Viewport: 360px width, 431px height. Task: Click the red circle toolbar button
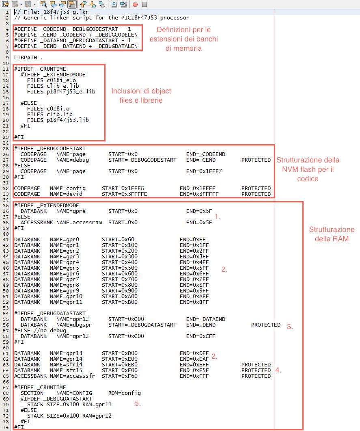click(135, 4)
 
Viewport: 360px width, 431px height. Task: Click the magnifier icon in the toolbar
click(43, 4)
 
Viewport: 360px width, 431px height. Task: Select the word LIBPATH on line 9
click(26, 57)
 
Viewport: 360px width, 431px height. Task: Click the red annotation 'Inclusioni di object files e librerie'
click(141, 95)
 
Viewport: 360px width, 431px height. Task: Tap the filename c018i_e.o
click(61, 80)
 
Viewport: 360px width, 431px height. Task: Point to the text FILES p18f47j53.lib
click(58, 120)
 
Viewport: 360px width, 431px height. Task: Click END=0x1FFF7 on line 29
click(204, 171)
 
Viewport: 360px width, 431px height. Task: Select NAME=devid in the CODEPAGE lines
click(66, 194)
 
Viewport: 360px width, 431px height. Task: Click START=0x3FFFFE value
click(124, 194)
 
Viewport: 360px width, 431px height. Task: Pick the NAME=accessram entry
click(79, 222)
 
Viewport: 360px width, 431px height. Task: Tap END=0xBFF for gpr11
click(194, 302)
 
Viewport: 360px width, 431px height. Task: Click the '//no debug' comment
click(50, 330)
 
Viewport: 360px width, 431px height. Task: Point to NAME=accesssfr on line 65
click(73, 376)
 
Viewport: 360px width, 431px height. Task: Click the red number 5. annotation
click(138, 403)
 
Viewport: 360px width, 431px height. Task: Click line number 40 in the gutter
click(6, 234)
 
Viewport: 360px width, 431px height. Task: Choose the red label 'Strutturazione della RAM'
click(332, 234)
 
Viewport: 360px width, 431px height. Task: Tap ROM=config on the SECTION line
click(124, 393)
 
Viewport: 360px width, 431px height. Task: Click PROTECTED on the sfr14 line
click(256, 365)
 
